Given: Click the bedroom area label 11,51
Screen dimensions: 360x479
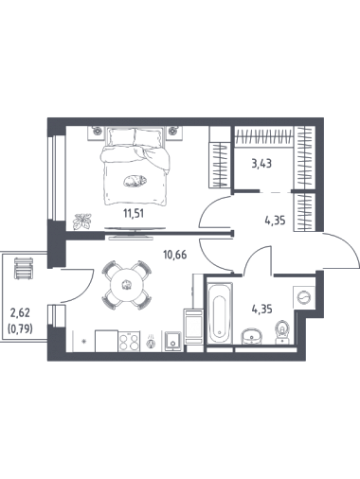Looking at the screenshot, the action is [134, 214].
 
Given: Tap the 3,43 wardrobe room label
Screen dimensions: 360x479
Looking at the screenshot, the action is [261, 164].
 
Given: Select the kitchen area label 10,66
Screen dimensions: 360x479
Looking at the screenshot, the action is [175, 255].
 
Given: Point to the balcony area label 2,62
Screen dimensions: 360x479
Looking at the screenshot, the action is [20, 313].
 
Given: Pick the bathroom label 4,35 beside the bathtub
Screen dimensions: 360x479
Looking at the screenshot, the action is [261, 310].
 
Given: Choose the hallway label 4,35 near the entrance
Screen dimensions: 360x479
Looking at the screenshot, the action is [275, 221].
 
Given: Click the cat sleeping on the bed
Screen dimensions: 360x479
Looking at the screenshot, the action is [135, 181].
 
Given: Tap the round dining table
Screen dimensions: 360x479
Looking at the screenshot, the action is [126, 286].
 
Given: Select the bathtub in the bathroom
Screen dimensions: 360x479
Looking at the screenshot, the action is [220, 313].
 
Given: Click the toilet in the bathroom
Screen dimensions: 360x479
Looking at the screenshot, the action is [281, 332].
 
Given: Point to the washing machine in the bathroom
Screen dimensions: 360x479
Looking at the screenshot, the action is [304, 297].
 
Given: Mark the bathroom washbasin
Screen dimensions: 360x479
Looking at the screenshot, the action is [252, 336].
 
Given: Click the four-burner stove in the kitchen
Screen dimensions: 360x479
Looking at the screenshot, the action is [129, 341].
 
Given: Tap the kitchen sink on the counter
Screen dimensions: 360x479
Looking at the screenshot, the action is [172, 341].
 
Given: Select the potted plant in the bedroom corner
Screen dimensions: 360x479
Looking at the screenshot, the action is [82, 222].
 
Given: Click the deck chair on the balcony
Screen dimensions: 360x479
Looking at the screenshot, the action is [24, 268].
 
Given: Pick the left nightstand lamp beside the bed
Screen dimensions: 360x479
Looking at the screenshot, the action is [97, 130].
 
